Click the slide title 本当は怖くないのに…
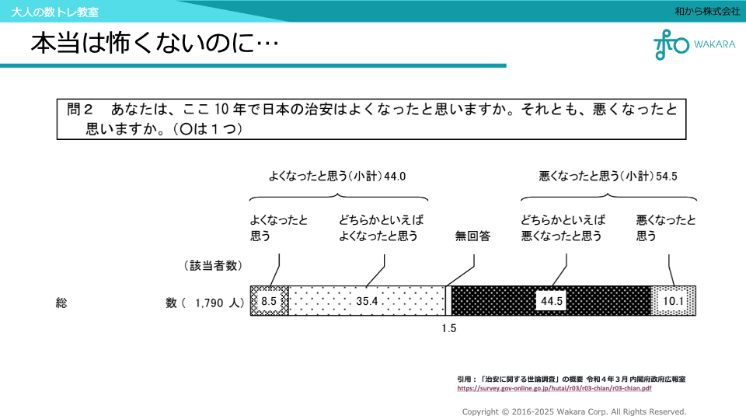154,44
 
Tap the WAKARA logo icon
671,44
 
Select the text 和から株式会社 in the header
707,11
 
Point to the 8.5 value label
269,301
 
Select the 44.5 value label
551,301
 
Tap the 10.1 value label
673,301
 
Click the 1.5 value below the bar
449,328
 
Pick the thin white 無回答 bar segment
448,300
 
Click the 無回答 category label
472,236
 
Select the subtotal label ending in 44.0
336,177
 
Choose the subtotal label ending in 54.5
608,177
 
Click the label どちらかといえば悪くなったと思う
562,228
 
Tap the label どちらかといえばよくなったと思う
381,228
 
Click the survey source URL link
554,387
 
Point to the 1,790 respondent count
209,303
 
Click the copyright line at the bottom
574,411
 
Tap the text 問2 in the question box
80,109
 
